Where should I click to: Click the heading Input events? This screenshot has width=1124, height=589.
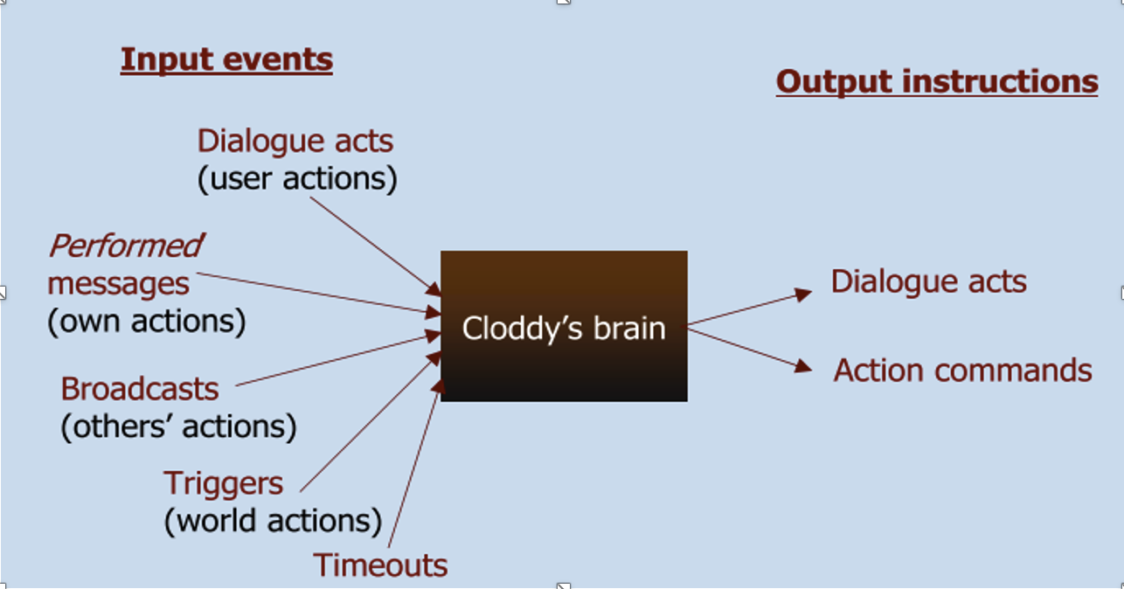pyautogui.click(x=226, y=60)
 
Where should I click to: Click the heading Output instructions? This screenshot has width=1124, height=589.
pyautogui.click(x=936, y=82)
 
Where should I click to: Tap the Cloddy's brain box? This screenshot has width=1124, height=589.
pyautogui.click(x=564, y=326)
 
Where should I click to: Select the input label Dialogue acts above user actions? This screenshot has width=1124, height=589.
pyautogui.click(x=295, y=141)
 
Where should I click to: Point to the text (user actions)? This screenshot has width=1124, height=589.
pyautogui.click(x=297, y=178)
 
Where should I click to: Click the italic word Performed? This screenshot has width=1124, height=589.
pyautogui.click(x=126, y=246)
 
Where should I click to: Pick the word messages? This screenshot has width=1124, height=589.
pyautogui.click(x=118, y=284)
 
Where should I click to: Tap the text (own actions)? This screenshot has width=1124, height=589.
pyautogui.click(x=146, y=322)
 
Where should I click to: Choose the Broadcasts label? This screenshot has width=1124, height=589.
pyautogui.click(x=140, y=388)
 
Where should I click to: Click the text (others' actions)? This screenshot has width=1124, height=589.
pyautogui.click(x=178, y=426)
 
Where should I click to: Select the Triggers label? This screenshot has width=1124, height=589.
pyautogui.click(x=224, y=483)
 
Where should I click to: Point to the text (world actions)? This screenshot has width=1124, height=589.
pyautogui.click(x=273, y=521)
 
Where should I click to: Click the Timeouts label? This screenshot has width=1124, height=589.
pyautogui.click(x=380, y=565)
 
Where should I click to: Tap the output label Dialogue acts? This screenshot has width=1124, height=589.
pyautogui.click(x=928, y=281)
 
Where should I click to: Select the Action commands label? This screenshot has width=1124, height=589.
pyautogui.click(x=962, y=371)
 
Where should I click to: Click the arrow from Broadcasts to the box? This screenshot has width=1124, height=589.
pyautogui.click(x=337, y=359)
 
